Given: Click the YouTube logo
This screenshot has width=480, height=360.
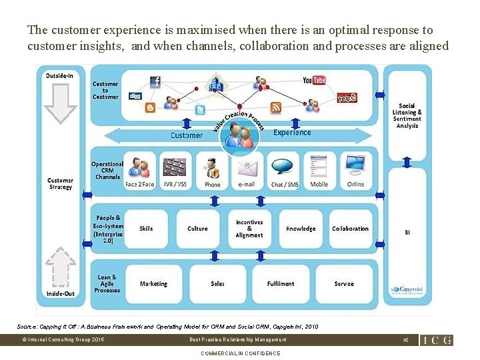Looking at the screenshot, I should [x=314, y=81].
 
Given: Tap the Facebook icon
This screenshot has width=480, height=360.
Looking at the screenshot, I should [x=155, y=82].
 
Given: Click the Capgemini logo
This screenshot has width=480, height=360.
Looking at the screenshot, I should [x=405, y=289].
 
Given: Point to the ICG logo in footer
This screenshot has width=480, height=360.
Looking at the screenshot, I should [x=437, y=340].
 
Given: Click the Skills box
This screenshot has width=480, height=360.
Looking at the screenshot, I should [x=146, y=229].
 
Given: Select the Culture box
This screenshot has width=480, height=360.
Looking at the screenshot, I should [x=197, y=229].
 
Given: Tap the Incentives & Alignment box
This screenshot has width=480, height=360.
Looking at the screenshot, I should [x=249, y=229].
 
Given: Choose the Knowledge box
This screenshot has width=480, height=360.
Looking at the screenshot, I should [x=301, y=229].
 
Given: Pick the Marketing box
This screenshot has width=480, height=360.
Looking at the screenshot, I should [x=153, y=284].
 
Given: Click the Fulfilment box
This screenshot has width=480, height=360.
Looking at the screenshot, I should [x=281, y=284].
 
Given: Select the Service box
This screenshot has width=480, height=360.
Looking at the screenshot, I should [x=344, y=284].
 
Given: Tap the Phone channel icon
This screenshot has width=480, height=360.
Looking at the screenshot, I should [x=213, y=166].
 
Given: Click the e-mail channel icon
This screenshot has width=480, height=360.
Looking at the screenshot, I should [x=247, y=166].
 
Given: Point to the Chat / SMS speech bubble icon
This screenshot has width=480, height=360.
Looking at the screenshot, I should [x=285, y=165].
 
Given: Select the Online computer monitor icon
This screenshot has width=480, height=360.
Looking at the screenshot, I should [x=355, y=165].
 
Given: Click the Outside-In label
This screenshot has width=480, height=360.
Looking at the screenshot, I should [x=60, y=76].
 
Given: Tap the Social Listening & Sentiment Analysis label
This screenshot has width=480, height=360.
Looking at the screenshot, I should [x=407, y=116].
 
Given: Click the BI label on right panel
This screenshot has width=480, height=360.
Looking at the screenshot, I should [x=407, y=233].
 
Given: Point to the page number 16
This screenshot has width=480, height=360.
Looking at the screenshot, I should [x=405, y=340].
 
